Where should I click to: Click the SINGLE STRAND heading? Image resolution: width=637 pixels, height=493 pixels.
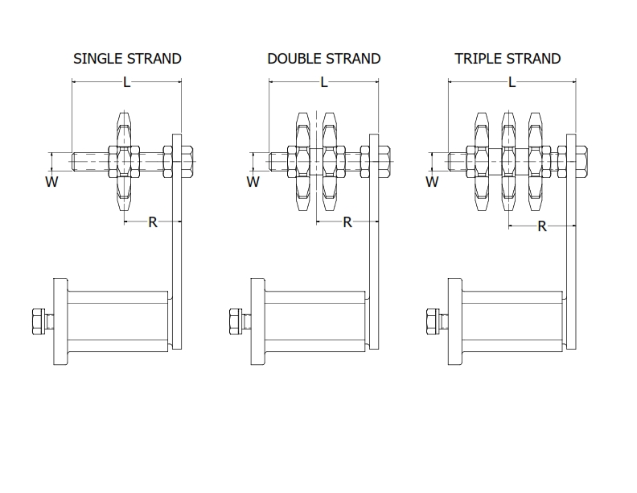(127, 59)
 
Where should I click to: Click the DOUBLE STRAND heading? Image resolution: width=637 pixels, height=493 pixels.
(323, 59)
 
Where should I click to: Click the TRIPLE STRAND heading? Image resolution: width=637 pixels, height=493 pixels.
(507, 59)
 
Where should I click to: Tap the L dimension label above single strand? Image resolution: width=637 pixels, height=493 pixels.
(126, 81)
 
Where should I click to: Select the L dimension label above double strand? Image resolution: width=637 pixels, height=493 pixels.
(324, 81)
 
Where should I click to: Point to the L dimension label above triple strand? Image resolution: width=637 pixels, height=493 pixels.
(512, 81)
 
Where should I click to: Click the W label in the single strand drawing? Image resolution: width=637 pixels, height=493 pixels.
(52, 182)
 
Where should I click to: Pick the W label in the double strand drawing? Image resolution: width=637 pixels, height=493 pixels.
(253, 182)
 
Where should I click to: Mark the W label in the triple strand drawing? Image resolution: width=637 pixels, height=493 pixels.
(432, 182)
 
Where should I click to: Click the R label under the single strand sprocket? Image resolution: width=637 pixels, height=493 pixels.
(153, 222)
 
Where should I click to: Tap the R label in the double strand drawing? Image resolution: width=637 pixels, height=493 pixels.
(347, 222)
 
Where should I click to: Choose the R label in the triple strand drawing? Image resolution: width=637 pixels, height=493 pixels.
(541, 226)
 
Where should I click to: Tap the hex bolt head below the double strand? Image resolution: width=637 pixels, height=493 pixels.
(236, 321)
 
